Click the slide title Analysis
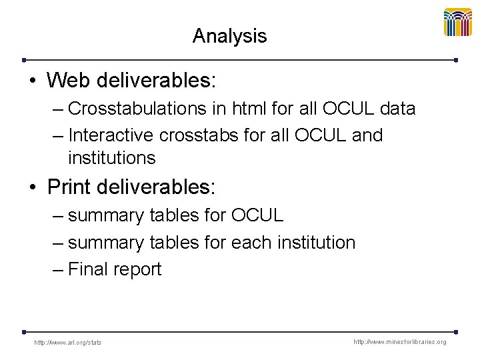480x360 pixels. coord(229,36)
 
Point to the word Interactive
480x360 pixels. coord(111,135)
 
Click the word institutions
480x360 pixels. coord(111,158)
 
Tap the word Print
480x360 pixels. coord(69,187)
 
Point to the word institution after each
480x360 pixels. coord(315,243)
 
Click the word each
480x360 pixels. coord(251,243)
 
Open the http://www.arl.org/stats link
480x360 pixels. coord(68,343)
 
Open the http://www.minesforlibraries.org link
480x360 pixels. coord(400,342)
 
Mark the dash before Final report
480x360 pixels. coord(57,270)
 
